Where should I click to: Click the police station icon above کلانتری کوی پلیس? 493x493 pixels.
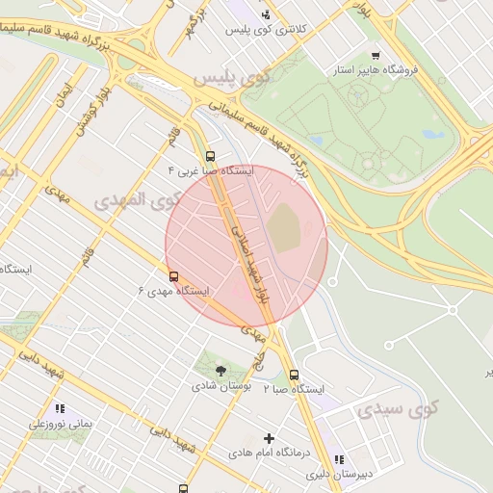click(x=266, y=14)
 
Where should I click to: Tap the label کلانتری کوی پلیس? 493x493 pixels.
click(x=266, y=30)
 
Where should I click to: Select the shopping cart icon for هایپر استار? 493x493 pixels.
click(x=375, y=55)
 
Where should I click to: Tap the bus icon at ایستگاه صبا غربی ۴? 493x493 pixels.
click(x=210, y=156)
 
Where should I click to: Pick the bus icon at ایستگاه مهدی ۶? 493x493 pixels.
click(x=173, y=275)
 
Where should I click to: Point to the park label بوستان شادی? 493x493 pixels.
click(x=221, y=385)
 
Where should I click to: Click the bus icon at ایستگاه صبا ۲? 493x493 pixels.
click(x=294, y=376)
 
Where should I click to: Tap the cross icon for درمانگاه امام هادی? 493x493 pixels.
click(x=269, y=438)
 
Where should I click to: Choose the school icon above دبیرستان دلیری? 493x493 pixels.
click(x=338, y=460)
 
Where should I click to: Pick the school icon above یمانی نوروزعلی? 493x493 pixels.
click(x=60, y=409)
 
